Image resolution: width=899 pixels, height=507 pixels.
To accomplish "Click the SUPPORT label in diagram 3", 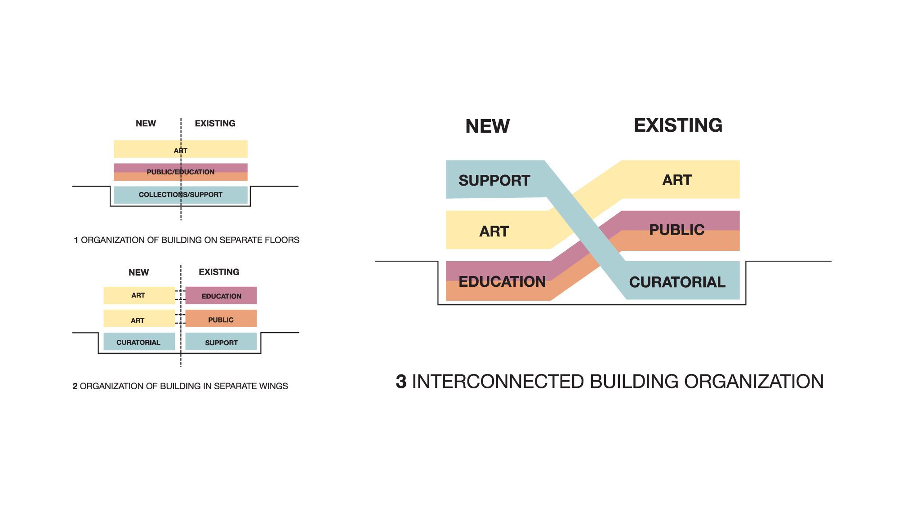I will [494, 180].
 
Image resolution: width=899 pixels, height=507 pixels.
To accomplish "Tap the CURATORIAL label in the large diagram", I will [677, 282].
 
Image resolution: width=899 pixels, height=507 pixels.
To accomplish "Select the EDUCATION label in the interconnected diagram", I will [502, 281].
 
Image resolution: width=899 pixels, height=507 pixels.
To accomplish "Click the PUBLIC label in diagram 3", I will [676, 230].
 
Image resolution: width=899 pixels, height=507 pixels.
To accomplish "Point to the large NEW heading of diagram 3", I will [488, 126].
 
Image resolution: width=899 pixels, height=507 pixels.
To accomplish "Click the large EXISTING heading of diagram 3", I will [678, 125].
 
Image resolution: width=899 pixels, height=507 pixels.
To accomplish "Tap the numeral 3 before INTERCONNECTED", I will [401, 382].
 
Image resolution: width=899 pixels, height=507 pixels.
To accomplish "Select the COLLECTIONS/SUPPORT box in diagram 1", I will [180, 195].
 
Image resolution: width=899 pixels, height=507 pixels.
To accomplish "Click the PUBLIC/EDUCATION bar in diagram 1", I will [180, 172].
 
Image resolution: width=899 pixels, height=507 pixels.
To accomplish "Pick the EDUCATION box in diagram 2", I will [221, 296].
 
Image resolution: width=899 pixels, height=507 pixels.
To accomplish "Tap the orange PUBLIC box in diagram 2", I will [221, 320].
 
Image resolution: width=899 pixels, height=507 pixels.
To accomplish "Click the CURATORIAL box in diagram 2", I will [138, 342].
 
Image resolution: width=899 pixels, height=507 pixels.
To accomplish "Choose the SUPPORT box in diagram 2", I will [221, 342].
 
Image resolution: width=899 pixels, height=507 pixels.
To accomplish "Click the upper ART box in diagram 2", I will [138, 295].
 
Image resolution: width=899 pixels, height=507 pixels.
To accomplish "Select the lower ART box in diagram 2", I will [138, 320].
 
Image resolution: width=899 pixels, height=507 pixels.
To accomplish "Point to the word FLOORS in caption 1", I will [282, 240].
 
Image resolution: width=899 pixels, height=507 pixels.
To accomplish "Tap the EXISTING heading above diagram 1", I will [215, 123].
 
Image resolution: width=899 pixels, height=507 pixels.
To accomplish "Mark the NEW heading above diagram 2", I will [138, 272].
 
